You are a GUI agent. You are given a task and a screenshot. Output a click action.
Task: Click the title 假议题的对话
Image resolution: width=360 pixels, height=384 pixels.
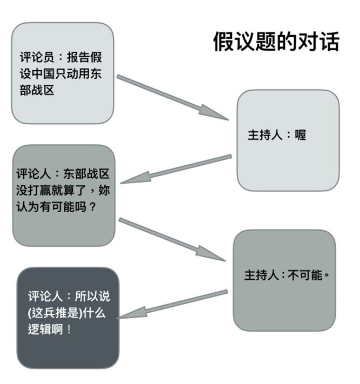pos(276,42)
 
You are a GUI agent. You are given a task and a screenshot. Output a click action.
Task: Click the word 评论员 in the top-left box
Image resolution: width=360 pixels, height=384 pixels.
pos(37,57)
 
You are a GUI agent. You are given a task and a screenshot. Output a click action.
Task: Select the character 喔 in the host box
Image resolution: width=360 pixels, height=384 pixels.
pos(301,135)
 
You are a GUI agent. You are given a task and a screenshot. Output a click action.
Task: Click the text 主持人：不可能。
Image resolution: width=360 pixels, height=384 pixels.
pos(286,275)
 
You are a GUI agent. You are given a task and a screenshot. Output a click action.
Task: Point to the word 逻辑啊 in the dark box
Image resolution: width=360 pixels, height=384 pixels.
pos(45,329)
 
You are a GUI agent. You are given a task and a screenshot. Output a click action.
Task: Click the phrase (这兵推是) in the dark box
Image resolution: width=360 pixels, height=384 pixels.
pos(55,313)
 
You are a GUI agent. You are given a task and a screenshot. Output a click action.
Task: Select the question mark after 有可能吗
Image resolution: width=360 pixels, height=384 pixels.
pos(92,207)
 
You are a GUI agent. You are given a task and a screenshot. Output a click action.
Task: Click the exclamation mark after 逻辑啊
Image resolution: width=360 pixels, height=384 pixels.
pos(69,329)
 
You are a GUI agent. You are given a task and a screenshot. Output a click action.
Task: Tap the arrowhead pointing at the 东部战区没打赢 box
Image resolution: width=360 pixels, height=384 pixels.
pos(135,178)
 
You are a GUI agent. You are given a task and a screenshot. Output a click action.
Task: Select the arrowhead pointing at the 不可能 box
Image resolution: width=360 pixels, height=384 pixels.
pos(210,254)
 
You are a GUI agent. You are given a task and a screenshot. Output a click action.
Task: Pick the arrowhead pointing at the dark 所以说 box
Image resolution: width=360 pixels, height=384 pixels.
pos(131,313)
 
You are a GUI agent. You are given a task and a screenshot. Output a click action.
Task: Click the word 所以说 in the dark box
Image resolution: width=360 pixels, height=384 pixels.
pos(92,297)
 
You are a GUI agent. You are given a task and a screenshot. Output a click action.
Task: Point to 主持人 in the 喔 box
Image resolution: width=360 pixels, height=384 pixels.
pos(265,135)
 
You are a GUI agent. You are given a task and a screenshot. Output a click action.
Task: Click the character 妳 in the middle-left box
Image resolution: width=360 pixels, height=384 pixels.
pos(104,190)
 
